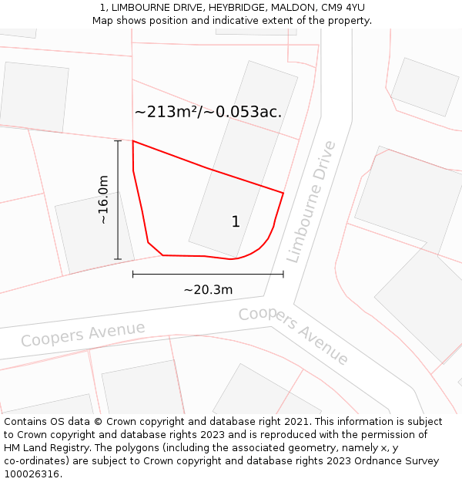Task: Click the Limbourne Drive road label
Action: pos(311,202)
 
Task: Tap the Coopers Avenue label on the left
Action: pos(82,334)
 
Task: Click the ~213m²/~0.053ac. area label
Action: pos(208,112)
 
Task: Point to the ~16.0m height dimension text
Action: pos(102,200)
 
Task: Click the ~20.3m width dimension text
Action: pos(208,290)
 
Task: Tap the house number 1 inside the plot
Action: pos(236,222)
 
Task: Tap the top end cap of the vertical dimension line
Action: pos(118,141)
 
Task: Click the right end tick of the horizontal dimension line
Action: pos(283,274)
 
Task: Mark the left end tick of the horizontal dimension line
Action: pos(133,274)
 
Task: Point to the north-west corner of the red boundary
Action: pos(133,141)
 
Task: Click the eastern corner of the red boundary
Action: pos(283,193)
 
